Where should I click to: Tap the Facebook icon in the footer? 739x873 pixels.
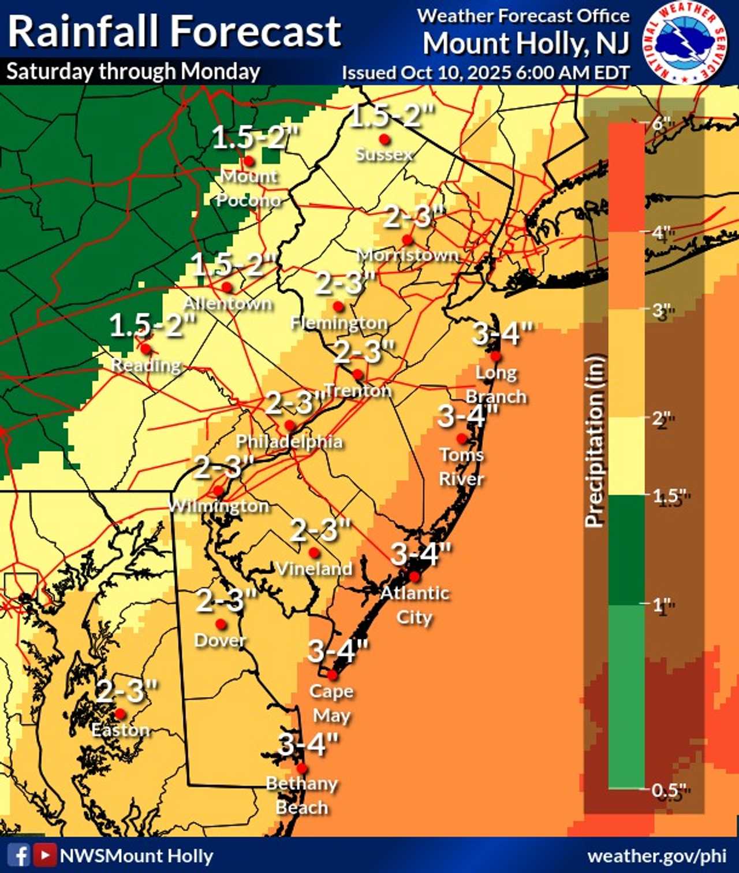tap(21, 855)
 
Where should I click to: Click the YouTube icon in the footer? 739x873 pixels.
tap(44, 855)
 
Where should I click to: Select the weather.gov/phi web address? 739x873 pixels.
tap(656, 856)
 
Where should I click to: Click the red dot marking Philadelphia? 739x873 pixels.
tap(290, 426)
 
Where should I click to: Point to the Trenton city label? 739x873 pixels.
tap(358, 391)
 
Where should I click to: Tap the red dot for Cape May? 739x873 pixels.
tap(333, 675)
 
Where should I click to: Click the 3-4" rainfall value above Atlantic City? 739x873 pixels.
tap(421, 554)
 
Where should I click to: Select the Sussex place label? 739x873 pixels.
tap(384, 154)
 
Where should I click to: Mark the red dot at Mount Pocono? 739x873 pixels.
tap(249, 161)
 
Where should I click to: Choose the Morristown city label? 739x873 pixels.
tap(408, 255)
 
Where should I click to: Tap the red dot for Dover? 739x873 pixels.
tap(221, 624)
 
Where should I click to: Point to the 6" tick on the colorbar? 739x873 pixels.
tap(659, 123)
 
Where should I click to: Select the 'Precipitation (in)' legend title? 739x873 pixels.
tap(595, 440)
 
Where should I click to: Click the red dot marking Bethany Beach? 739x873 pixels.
tap(301, 768)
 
